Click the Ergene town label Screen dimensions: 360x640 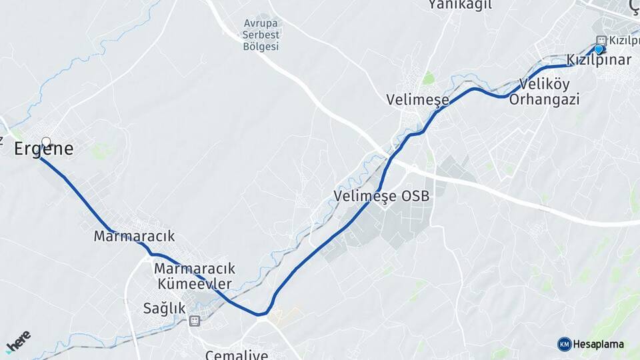click(x=43, y=149)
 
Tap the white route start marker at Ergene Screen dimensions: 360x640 click(x=46, y=141)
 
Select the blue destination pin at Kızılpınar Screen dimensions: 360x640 click(x=599, y=49)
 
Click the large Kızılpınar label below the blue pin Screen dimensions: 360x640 click(x=599, y=60)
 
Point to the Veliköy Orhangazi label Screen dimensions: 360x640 click(x=544, y=93)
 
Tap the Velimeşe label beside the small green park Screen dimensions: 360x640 click(x=417, y=99)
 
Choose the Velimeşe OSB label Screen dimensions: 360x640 click(x=382, y=197)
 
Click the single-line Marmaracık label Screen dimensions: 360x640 click(x=134, y=236)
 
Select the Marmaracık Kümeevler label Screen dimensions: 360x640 click(x=194, y=276)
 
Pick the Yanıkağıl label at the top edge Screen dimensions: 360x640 click(x=460, y=5)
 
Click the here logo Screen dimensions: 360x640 click(x=18, y=342)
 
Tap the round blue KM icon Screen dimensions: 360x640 click(x=565, y=344)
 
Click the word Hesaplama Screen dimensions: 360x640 click(x=599, y=345)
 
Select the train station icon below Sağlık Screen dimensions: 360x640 click(x=194, y=321)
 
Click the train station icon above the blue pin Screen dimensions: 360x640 click(x=601, y=40)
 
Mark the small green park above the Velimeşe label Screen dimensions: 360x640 click(x=428, y=79)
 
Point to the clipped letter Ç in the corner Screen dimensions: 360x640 click(x=634, y=5)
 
